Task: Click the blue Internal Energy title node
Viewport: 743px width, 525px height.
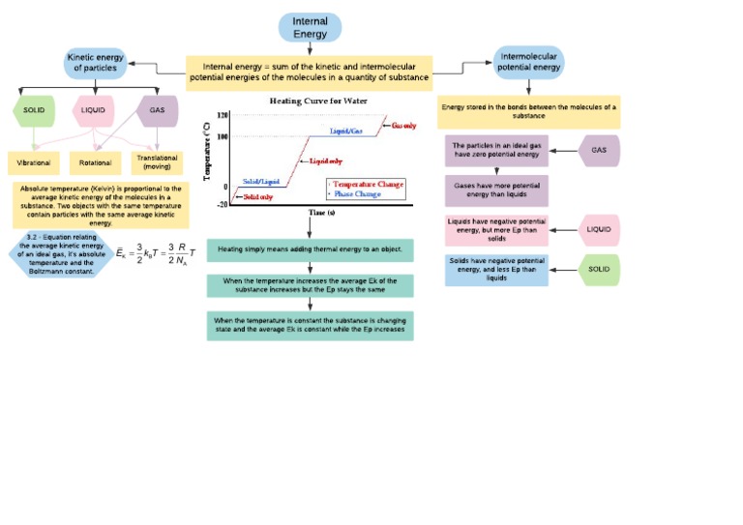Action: [x=310, y=27]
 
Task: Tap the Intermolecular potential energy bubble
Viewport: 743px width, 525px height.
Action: [x=528, y=63]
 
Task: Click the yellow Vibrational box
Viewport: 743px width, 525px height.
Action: [x=34, y=162]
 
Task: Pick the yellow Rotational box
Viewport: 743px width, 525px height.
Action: [x=95, y=162]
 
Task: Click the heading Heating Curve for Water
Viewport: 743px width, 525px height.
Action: [x=310, y=101]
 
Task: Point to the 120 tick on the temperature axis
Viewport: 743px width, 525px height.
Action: [x=222, y=115]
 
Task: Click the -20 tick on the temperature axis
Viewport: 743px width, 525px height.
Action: [x=222, y=204]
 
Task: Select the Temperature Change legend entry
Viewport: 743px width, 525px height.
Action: [x=368, y=184]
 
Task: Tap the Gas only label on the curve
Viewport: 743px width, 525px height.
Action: [x=404, y=126]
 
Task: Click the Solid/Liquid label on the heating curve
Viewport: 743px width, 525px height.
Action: [x=260, y=182]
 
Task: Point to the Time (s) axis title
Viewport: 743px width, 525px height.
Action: [x=322, y=212]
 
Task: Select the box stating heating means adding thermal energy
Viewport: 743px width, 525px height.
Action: [x=310, y=249]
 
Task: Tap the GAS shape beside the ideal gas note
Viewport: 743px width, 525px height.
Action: [x=599, y=151]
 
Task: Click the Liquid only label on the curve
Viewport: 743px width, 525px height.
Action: [x=326, y=160]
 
